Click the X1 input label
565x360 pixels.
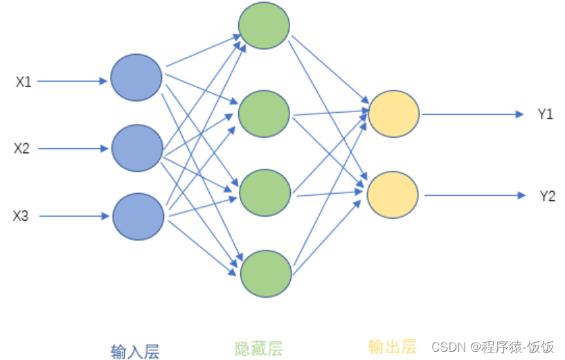[x=24, y=82]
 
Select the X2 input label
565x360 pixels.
[x=22, y=148]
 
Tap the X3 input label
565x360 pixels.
[x=21, y=216]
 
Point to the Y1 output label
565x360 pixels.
[x=546, y=114]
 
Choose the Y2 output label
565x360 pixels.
[x=547, y=196]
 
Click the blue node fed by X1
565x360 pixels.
[x=136, y=78]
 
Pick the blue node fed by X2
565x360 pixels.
[x=137, y=148]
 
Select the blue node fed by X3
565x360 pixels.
[x=138, y=216]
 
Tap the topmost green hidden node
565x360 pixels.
[x=264, y=26]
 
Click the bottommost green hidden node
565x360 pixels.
[x=266, y=274]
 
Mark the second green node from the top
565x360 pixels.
[x=264, y=114]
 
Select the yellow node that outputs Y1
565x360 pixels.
[x=394, y=114]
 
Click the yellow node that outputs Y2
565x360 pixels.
[x=393, y=195]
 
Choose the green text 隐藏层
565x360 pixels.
[x=259, y=348]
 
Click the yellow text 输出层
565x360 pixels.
[x=392, y=346]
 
